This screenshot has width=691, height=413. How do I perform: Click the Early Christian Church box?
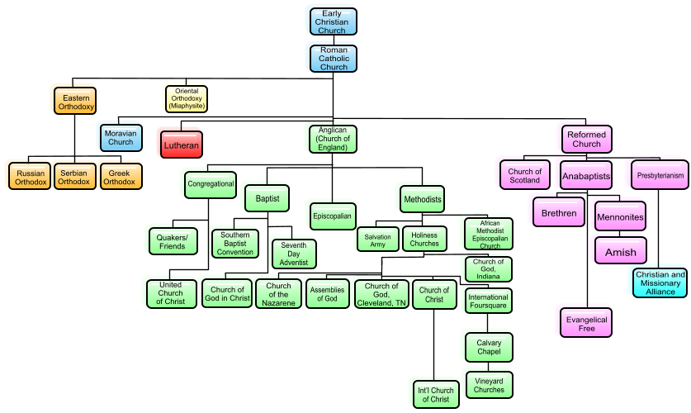(x=333, y=21)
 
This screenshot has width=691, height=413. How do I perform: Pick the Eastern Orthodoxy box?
(x=76, y=100)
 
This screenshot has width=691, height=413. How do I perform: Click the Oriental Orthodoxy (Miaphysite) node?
(x=186, y=99)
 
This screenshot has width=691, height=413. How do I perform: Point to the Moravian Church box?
(x=121, y=136)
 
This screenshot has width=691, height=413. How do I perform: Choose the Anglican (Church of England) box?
(x=333, y=139)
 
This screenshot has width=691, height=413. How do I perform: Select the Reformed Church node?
(x=586, y=139)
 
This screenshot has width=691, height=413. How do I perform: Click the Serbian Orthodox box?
(x=74, y=176)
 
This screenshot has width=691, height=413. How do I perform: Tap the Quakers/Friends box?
(x=173, y=241)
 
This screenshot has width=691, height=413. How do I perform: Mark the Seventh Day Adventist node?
(x=294, y=254)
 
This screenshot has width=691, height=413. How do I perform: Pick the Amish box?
(x=621, y=251)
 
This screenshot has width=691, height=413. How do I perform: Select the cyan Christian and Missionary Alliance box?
(x=660, y=282)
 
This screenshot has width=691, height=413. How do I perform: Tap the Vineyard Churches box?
(x=489, y=384)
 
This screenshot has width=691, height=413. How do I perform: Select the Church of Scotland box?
(x=524, y=175)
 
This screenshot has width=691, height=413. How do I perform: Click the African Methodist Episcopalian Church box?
(x=490, y=234)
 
